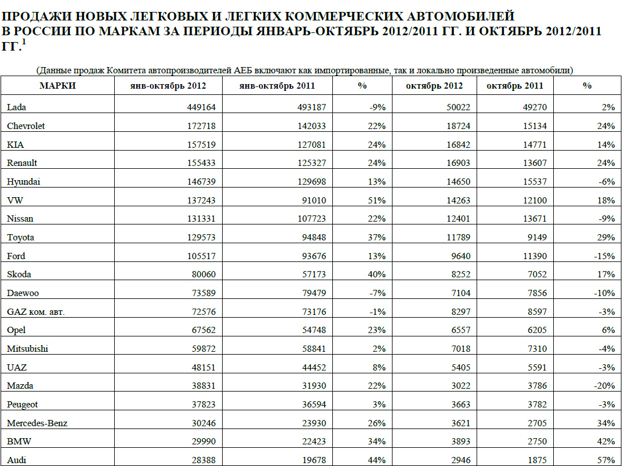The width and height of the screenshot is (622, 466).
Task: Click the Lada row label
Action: [16, 107]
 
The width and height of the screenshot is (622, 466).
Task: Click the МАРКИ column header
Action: [57, 86]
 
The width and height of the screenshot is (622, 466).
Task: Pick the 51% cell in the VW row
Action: [377, 200]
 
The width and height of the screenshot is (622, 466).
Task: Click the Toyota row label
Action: [20, 237]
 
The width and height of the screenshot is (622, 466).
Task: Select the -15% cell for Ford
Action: [603, 256]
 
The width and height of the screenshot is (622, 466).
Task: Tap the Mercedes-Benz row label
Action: [39, 423]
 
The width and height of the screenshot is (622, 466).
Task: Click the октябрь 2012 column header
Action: [434, 86]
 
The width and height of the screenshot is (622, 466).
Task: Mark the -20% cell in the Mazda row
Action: [603, 385]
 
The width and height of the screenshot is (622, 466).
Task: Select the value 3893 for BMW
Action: [459, 442]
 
